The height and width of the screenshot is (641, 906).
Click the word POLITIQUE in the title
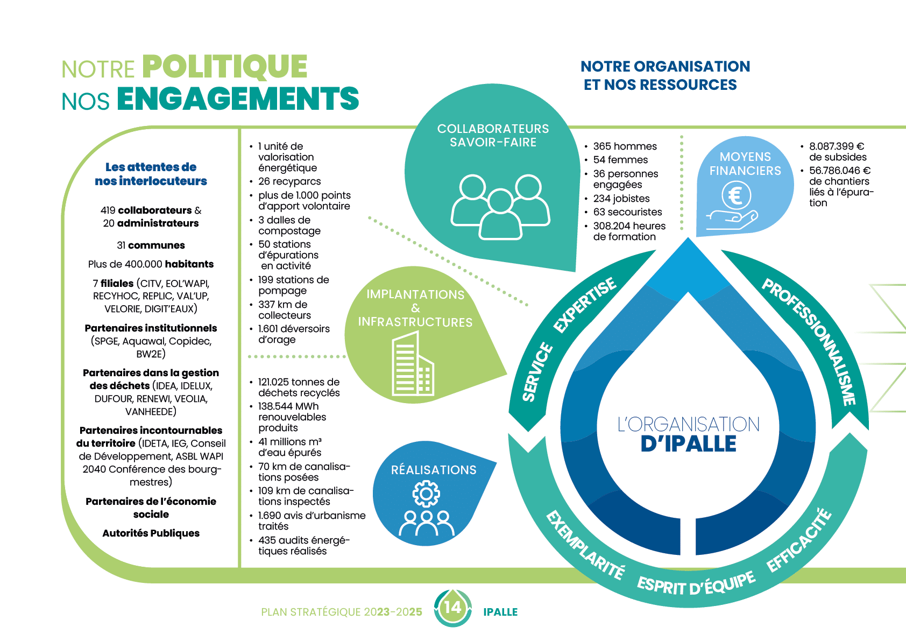[225, 67]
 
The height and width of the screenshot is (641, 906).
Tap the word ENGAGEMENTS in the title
[238, 98]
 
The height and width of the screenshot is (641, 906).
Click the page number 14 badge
[452, 608]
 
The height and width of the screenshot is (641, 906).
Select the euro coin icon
[735, 195]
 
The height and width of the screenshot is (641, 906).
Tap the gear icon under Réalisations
[426, 494]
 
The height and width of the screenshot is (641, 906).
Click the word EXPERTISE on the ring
[585, 305]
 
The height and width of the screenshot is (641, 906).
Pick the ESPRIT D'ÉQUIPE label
[696, 584]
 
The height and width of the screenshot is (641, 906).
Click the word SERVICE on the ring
[537, 372]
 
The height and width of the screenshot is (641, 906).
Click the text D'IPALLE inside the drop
[688, 444]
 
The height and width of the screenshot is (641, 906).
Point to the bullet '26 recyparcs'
[289, 181]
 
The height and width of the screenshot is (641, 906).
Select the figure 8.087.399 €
[837, 146]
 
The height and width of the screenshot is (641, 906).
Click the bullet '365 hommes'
[625, 146]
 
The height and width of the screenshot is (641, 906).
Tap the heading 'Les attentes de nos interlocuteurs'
[151, 174]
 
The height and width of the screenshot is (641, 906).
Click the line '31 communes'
[151, 245]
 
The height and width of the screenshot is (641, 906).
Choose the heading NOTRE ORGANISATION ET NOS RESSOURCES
[665, 75]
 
